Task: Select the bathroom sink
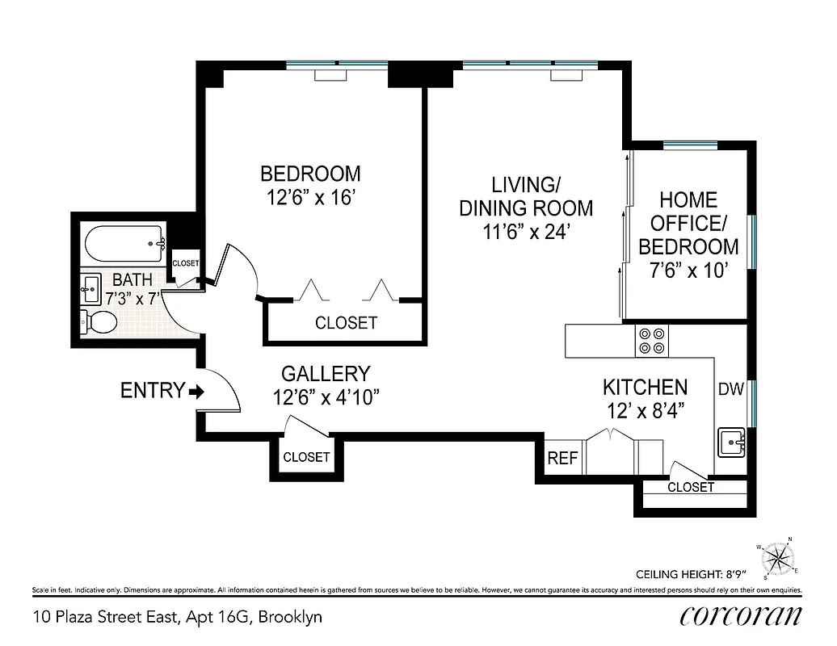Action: tap(90, 286)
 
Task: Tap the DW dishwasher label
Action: tap(730, 390)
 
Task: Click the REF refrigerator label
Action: tap(562, 458)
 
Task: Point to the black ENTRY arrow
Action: tap(196, 392)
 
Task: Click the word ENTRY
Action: tap(152, 391)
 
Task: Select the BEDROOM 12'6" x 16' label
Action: tap(309, 186)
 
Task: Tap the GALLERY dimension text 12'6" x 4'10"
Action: tap(326, 397)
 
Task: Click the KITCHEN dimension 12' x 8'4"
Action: tap(646, 410)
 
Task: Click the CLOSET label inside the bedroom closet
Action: tap(346, 323)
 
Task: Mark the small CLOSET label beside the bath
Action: tap(185, 263)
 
